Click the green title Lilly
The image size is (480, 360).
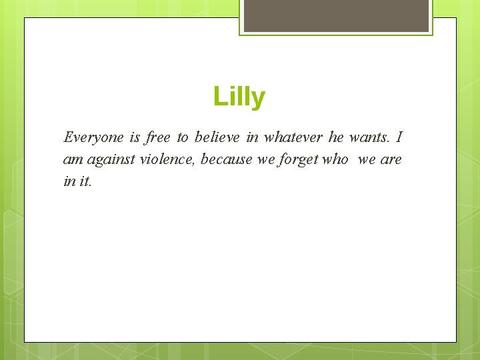pos(239,97)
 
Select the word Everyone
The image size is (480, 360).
pos(93,138)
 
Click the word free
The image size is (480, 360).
pos(158,138)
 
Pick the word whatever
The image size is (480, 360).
pos(293,138)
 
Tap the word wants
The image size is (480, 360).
pos(367,138)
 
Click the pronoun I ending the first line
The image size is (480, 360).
pos(399,138)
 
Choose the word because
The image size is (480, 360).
pos(227,159)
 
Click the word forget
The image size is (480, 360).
pos(297,160)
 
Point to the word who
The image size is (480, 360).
pos(336,159)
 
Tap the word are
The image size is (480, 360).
pos(391,160)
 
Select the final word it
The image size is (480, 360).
pos(85,181)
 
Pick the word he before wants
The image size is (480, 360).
pos(336,138)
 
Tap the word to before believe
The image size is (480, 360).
pos(183,138)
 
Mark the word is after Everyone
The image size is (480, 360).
pos(135,138)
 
